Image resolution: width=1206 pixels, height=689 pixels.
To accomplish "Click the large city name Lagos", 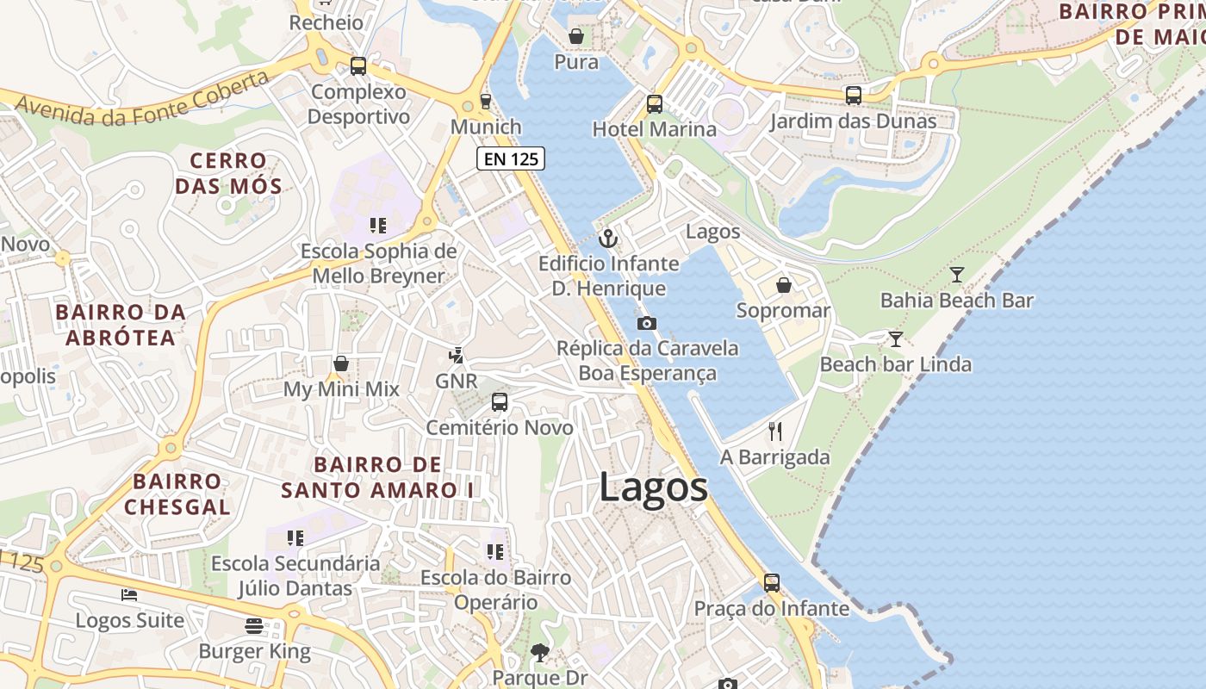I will (653, 487).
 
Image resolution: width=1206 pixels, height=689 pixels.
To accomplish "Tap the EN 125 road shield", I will (511, 158).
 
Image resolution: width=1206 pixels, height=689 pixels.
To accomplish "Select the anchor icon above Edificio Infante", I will (608, 239).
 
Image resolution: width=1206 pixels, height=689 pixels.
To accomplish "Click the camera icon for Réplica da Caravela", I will (646, 324).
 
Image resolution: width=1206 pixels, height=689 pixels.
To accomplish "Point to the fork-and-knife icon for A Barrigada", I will (775, 431).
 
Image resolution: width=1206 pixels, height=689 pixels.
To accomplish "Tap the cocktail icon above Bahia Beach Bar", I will (956, 275).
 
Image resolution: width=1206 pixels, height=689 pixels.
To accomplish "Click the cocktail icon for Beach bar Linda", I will (896, 339).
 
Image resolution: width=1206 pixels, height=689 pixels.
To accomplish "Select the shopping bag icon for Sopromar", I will (784, 285).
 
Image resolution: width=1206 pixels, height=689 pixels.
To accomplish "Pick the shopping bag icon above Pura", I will (576, 36).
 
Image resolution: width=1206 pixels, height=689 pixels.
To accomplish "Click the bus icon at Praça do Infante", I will (772, 583).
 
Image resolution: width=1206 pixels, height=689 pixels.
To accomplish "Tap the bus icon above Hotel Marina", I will (655, 104).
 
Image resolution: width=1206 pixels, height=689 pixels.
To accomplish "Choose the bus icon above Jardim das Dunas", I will (853, 96).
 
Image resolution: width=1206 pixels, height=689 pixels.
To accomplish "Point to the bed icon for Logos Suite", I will (129, 595).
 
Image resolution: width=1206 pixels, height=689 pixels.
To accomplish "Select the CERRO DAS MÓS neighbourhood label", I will (228, 173).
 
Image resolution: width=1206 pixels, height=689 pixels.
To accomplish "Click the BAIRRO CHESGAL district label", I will (177, 493).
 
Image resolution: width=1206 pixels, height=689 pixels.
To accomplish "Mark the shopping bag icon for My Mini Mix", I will (341, 364).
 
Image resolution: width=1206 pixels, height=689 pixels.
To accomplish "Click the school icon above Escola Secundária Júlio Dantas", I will (295, 538).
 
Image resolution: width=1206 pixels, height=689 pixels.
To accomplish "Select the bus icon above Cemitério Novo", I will (500, 402).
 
